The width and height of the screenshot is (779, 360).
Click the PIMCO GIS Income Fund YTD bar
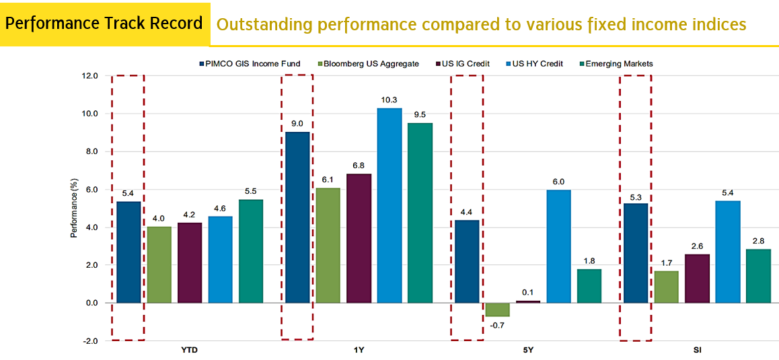click(128, 252)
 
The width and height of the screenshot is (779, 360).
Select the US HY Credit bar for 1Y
click(389, 205)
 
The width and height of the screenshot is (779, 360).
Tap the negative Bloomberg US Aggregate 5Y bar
click(497, 310)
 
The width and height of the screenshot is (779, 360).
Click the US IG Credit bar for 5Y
click(527, 301)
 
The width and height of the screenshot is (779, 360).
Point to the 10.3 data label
click(389, 100)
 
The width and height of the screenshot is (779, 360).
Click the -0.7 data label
click(497, 326)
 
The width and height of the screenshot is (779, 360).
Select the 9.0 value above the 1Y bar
click(297, 123)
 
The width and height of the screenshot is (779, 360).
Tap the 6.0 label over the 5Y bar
click(558, 181)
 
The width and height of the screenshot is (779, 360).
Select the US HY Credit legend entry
click(537, 64)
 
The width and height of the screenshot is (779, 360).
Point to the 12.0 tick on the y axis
click(89, 75)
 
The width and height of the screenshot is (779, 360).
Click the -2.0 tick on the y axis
click(89, 341)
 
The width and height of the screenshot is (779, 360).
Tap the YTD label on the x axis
click(189, 351)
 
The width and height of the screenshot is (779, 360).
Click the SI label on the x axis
click(696, 351)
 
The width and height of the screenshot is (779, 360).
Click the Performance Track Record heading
click(104, 24)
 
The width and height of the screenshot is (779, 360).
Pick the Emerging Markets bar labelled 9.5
click(420, 213)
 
